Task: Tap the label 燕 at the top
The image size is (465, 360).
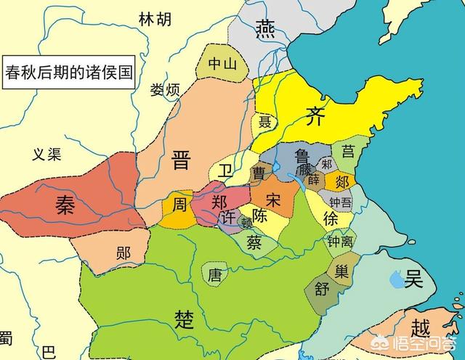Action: pos(264,28)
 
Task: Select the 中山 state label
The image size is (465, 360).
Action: pos(222,64)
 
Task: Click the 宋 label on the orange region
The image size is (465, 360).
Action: pos(273,198)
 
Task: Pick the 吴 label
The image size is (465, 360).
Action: pos(414,277)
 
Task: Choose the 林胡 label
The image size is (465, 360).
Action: pos(155,20)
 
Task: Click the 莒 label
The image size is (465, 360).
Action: pos(349,151)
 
